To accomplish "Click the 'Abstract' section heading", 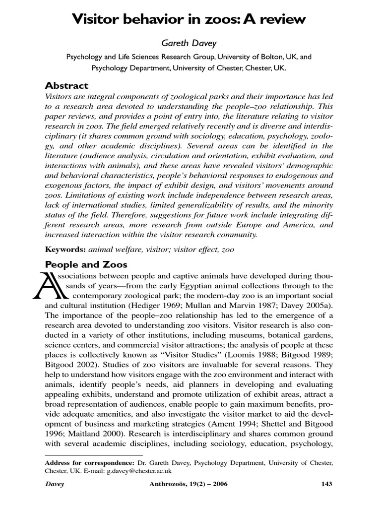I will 67,85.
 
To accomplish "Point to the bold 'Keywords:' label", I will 65,250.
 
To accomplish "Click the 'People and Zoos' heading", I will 86,264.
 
